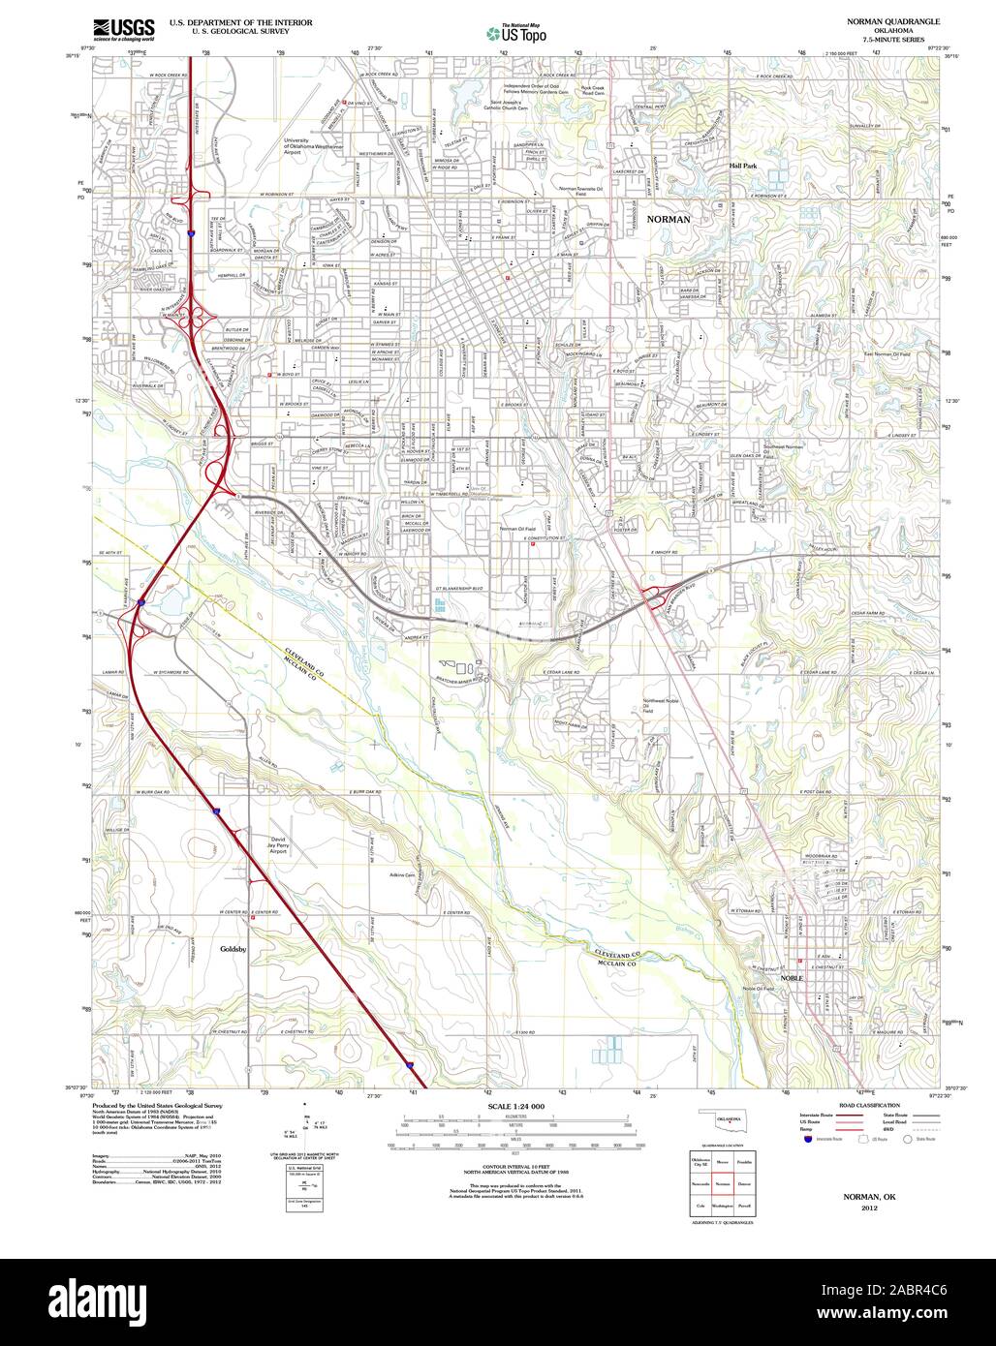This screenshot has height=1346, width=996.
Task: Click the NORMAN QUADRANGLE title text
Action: [x=892, y=21]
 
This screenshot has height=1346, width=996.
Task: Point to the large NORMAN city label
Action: [x=669, y=220]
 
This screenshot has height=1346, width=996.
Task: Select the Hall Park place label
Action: [x=743, y=167]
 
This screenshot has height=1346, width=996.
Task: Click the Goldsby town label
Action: [x=233, y=949]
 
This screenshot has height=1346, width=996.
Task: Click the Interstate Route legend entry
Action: [x=816, y=1117]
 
